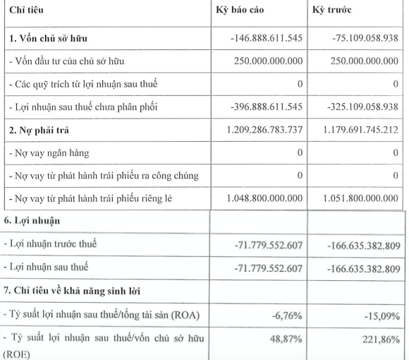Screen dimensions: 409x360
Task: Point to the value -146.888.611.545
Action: [x=260, y=36]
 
